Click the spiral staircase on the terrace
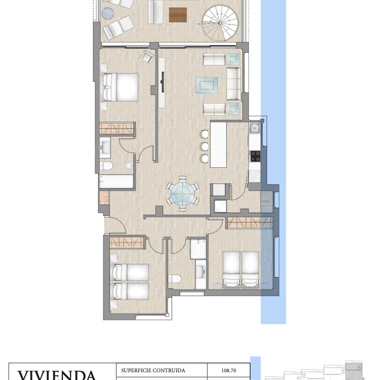[220, 23]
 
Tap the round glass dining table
[182, 194]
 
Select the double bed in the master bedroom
[119, 87]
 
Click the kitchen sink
[255, 128]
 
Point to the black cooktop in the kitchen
[255, 156]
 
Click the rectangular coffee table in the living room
[207, 86]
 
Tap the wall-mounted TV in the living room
[162, 82]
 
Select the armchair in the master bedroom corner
[147, 57]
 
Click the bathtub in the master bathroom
[116, 182]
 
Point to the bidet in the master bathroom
[129, 166]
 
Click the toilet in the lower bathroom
[174, 279]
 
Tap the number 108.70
[229, 370]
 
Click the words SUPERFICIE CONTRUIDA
[153, 370]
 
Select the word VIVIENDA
[57, 375]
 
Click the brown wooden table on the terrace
[178, 15]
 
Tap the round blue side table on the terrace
[108, 13]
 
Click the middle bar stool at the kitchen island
[205, 146]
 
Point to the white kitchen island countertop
[219, 145]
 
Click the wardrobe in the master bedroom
[117, 128]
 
